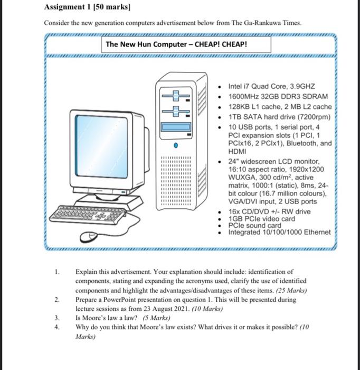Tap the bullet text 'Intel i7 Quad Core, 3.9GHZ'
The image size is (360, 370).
[x=271, y=86]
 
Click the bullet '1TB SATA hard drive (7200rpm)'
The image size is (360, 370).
[x=279, y=117]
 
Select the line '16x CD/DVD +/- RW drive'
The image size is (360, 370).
[x=269, y=212]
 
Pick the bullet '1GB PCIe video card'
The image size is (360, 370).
[x=261, y=219]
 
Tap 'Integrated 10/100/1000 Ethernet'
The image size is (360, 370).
[x=279, y=232]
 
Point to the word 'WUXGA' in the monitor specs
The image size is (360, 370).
[x=242, y=178]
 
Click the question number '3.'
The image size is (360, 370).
[x=56, y=318]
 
